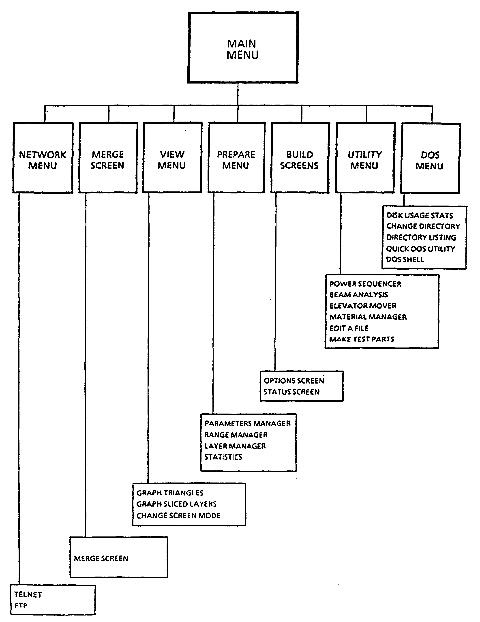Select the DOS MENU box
tap(430, 160)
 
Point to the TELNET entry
tap(28, 594)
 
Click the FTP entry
tap(21, 605)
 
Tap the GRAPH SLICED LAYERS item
tap(176, 504)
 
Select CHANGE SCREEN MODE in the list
tap(178, 515)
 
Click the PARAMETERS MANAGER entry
tap(248, 423)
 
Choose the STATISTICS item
tap(223, 457)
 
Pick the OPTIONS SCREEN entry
tap(294, 381)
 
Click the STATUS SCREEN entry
tap(291, 392)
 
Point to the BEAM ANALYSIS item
tap(358, 294)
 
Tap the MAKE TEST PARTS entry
tap(362, 339)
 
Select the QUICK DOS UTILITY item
tap(420, 249)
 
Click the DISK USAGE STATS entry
tap(420, 215)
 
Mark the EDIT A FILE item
tap(349, 328)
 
